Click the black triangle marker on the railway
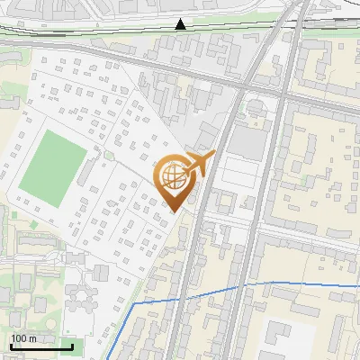tap(182, 24)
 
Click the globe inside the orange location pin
tap(175, 178)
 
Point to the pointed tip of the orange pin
tap(175, 211)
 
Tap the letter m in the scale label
tap(33, 338)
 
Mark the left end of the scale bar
tap(10, 346)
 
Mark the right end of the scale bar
tap(72, 346)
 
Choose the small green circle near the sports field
tap(109, 155)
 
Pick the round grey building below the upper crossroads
tap(256, 106)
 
